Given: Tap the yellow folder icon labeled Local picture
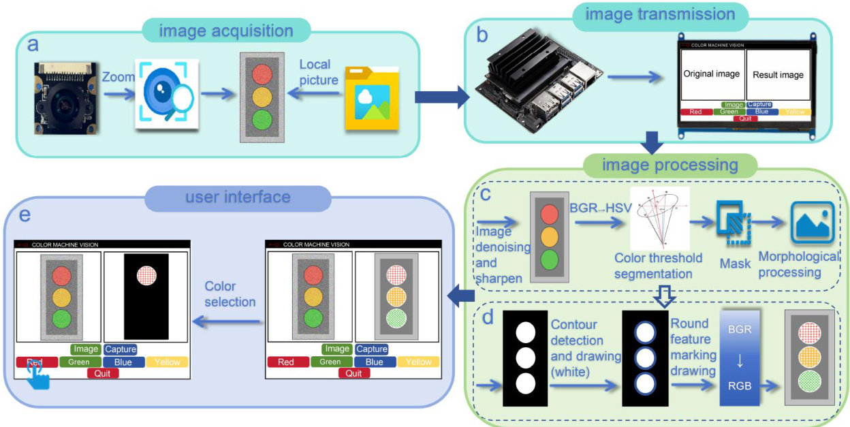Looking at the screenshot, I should (x=371, y=98).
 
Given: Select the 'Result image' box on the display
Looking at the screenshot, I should (x=778, y=74).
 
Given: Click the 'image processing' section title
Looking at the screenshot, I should (x=670, y=165).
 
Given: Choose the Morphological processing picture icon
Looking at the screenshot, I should (x=812, y=223).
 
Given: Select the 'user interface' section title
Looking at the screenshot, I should (x=238, y=197).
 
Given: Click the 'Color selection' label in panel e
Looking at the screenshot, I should (x=230, y=293).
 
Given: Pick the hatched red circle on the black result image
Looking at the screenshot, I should (x=146, y=276).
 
